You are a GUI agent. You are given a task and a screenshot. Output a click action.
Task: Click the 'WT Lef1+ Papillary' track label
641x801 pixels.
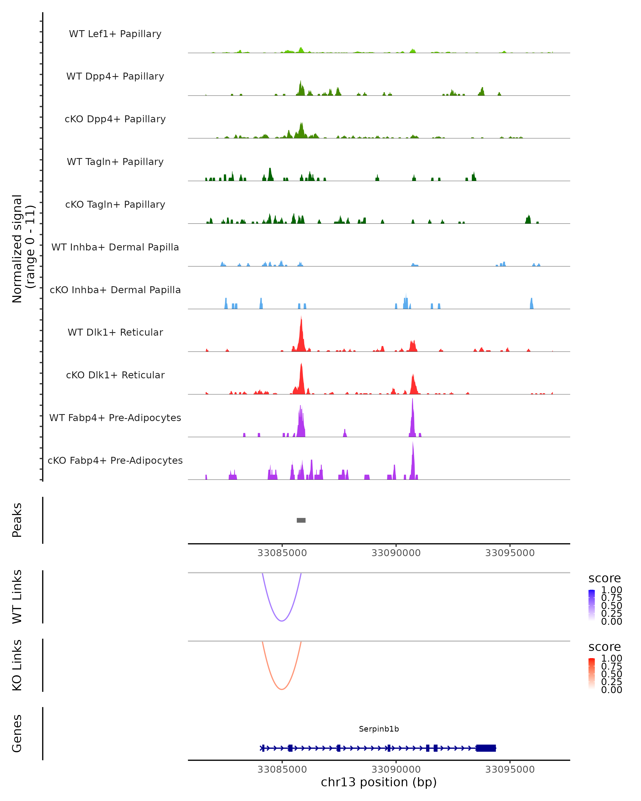coord(115,34)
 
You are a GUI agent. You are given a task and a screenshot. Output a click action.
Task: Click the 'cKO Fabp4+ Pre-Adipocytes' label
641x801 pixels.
coord(115,460)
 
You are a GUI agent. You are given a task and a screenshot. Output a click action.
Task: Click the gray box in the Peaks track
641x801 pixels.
coord(301,520)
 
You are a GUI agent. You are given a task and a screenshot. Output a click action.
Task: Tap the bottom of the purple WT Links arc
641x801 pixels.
coord(282,621)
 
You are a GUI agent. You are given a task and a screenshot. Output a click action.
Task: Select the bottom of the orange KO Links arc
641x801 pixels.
coord(282,689)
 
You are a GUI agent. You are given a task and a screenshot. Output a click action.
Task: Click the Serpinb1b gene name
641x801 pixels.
coord(379,729)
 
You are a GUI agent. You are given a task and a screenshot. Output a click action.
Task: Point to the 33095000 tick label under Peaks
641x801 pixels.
coord(510,553)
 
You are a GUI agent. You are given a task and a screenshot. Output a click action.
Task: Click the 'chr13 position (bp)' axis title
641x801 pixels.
coord(379,782)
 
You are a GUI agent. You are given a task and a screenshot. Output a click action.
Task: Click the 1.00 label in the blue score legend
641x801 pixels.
coord(612,590)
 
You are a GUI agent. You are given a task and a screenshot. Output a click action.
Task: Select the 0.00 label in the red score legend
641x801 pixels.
coord(612,690)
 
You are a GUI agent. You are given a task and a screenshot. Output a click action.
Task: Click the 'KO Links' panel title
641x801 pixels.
coord(17,665)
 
